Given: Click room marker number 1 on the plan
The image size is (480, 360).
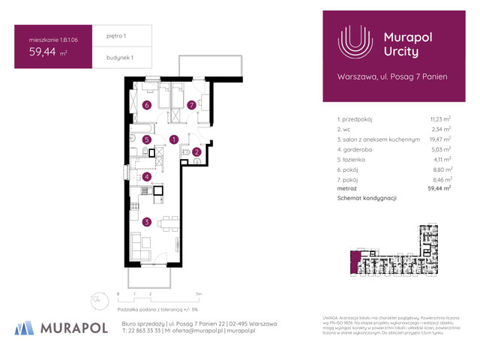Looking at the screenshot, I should point(173,139).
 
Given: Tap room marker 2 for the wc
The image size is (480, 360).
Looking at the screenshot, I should point(196,152).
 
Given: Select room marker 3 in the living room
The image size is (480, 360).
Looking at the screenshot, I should point(147,221).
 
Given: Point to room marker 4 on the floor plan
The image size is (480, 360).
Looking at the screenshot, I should point(147,177).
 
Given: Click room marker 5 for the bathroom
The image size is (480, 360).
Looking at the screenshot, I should point(147,139).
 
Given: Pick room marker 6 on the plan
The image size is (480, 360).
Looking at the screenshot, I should point(147,106).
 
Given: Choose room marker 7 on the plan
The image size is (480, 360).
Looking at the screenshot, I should point(192,106).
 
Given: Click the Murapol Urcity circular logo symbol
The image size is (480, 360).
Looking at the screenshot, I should point(355,43).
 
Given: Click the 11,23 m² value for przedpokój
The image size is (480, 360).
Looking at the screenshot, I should point(439,118).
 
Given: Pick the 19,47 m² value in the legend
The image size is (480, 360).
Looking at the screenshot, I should point(439,139).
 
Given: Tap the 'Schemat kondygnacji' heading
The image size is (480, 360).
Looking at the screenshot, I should point(367,198).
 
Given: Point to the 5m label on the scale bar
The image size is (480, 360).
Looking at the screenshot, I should point(197,295).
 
